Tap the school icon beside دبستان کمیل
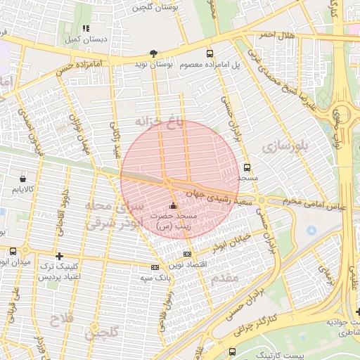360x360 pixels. tap(86, 29)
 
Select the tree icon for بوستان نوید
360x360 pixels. tap(153, 53)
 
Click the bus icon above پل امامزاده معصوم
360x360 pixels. tap(209, 53)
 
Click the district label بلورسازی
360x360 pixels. tap(285, 146)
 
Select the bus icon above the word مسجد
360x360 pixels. tap(247, 167)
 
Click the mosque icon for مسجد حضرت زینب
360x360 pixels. tap(174, 205)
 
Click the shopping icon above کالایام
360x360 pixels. tap(23, 179)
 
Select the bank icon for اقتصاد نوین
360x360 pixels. tap(186, 254)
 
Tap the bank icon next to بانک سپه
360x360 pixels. tap(155, 267)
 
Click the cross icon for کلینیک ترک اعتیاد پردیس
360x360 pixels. tap(59, 257)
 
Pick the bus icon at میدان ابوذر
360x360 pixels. tap(13, 251)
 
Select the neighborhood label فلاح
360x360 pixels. tap(60, 321)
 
